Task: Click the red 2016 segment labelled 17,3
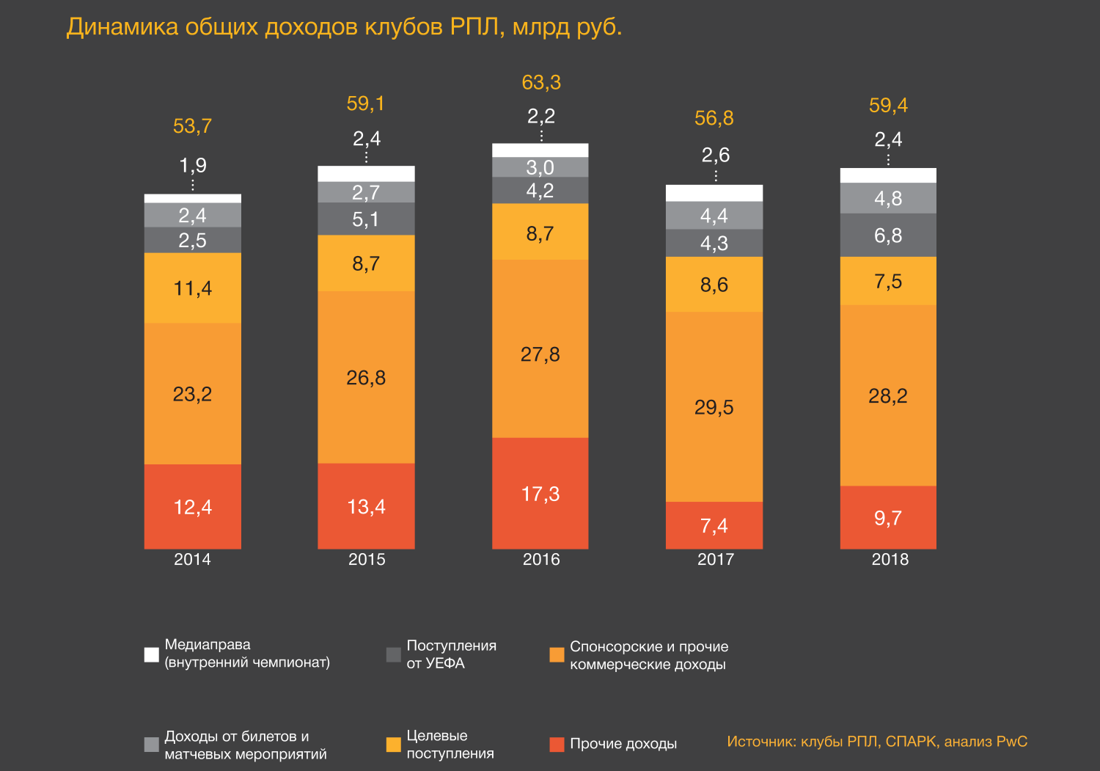(540, 493)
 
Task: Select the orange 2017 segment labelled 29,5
(714, 406)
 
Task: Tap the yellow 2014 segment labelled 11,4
(192, 288)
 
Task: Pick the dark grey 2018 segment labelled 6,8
(888, 235)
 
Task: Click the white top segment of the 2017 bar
(714, 193)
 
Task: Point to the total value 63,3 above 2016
(541, 82)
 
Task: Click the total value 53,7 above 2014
(192, 126)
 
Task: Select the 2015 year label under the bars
(367, 559)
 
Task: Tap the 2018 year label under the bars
(890, 559)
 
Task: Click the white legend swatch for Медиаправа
(152, 654)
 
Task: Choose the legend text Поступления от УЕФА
(451, 654)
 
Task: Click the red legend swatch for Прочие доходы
(557, 745)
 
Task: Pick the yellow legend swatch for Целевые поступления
(394, 745)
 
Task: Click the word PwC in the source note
(1011, 742)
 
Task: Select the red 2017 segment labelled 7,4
(714, 525)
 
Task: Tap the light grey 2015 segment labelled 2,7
(366, 192)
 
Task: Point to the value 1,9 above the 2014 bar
(193, 165)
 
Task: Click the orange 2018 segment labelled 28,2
(888, 395)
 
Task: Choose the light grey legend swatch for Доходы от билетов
(152, 745)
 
